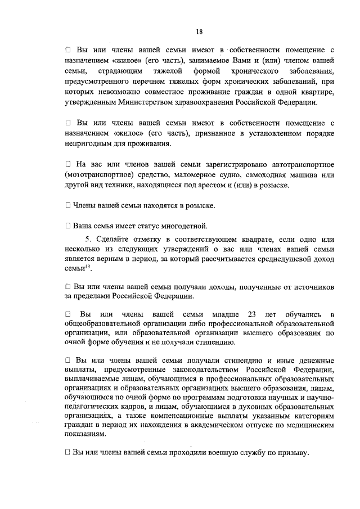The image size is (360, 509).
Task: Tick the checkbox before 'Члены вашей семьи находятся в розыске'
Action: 67,206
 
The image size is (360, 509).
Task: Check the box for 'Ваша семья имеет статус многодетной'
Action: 67,226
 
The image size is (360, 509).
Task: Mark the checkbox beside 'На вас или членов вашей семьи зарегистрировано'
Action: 67,164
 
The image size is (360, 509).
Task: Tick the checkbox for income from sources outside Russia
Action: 67,287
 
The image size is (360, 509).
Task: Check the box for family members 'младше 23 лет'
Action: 67,313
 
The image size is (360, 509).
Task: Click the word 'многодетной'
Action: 179,226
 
